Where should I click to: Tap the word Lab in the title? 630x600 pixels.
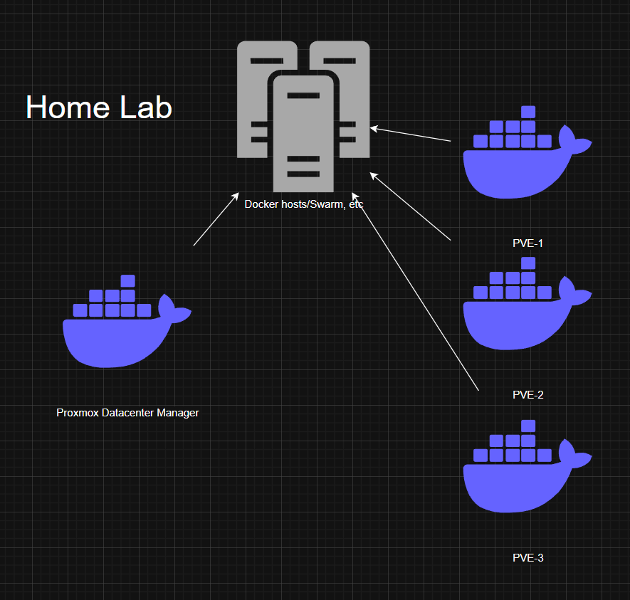(x=145, y=107)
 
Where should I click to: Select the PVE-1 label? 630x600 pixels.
(x=527, y=243)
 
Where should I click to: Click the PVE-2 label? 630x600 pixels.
(x=527, y=394)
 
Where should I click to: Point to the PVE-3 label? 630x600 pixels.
(x=527, y=557)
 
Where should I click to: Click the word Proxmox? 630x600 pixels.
(x=78, y=413)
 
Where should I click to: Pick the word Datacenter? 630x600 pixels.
(x=129, y=413)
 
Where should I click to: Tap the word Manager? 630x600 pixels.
(x=179, y=413)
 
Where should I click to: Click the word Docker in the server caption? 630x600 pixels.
(x=260, y=204)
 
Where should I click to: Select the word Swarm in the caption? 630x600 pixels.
(x=330, y=204)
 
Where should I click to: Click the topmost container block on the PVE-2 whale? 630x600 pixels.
(x=527, y=263)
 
